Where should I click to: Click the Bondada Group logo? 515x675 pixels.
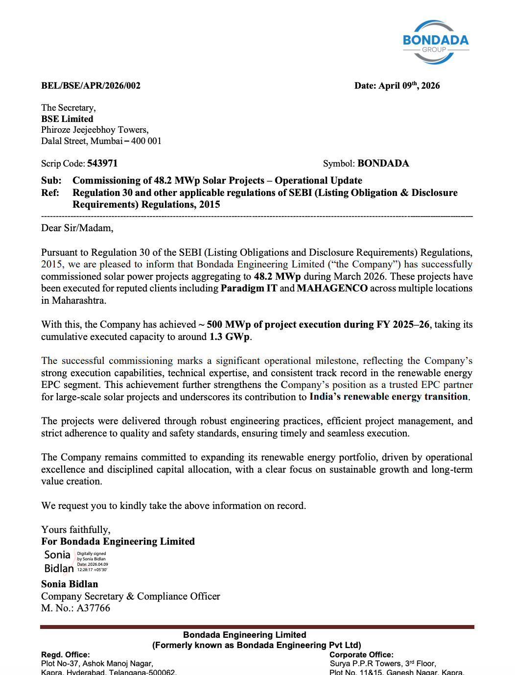[x=435, y=42]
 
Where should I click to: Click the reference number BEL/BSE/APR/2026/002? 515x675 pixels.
[x=91, y=86]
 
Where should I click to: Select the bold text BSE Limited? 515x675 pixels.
[x=67, y=119]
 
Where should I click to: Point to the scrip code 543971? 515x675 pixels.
[x=102, y=164]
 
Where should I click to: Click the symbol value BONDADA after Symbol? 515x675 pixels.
[x=383, y=164]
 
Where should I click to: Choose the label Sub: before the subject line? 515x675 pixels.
[x=51, y=181]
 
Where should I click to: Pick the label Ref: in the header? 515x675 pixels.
[x=50, y=193]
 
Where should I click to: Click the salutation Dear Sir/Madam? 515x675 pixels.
[x=77, y=228]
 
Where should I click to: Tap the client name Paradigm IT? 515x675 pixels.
[x=249, y=289]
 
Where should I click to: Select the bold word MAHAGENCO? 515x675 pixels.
[x=332, y=289]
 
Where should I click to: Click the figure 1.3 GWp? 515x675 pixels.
[x=230, y=337]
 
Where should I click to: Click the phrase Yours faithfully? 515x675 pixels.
[x=75, y=530]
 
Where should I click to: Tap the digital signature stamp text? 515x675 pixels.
[x=92, y=561]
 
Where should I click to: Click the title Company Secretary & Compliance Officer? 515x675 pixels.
[x=130, y=597]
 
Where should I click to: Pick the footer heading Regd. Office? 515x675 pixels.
[x=65, y=655]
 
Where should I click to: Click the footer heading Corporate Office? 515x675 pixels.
[x=361, y=655]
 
